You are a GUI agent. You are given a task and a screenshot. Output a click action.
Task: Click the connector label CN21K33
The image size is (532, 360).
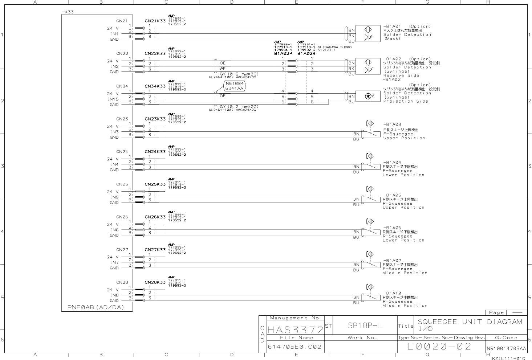point(155,21)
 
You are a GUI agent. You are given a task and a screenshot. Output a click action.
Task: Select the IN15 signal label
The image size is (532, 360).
point(113,99)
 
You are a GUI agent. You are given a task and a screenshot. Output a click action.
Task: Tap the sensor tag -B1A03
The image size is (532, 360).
point(393,124)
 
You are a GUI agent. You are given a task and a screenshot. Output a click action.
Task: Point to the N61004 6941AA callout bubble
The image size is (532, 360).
point(235,86)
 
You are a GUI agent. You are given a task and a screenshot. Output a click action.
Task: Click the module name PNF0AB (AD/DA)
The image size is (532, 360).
point(96,307)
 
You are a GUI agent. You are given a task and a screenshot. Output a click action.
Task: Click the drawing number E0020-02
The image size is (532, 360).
point(439,347)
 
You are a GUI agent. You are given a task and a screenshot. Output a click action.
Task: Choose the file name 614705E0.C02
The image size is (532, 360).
point(295,347)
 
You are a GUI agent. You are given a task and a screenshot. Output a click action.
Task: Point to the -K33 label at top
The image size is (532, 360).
point(68,12)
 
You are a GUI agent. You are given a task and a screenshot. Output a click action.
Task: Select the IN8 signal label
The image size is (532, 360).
point(114,295)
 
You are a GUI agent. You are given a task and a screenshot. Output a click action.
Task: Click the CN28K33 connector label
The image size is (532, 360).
point(155,282)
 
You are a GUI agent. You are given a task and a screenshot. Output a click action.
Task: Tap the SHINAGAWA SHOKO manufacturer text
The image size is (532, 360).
point(334,47)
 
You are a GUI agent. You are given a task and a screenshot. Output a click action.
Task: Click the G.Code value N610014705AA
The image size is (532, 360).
point(506,349)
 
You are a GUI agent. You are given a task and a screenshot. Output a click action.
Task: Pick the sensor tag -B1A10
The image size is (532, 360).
point(393,293)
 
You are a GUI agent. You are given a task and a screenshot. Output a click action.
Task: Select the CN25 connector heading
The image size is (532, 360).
point(122,184)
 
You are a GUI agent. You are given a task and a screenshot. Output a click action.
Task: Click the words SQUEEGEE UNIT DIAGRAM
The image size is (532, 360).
point(470,322)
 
